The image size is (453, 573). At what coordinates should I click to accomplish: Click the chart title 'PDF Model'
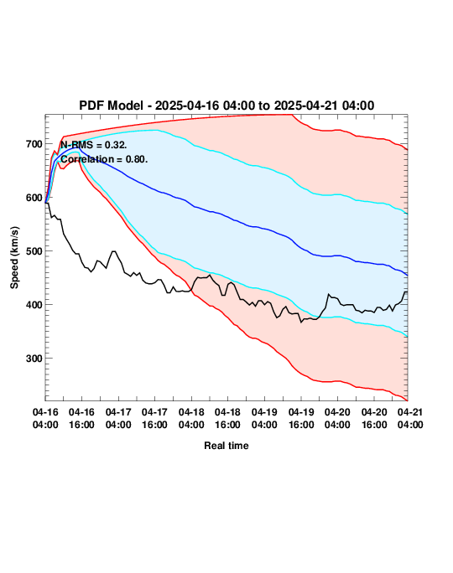pyautogui.click(x=111, y=106)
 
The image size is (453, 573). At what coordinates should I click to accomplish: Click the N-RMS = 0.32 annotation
pyautogui.click(x=94, y=145)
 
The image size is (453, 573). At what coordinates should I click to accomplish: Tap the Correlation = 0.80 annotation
pyautogui.click(x=104, y=159)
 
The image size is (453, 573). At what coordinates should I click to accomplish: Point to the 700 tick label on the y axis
pyautogui.click(x=34, y=144)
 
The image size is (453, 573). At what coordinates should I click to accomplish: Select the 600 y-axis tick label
pyautogui.click(x=34, y=198)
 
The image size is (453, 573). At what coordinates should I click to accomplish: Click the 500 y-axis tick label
pyautogui.click(x=34, y=251)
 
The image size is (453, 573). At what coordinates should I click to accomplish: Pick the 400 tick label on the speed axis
pyautogui.click(x=34, y=305)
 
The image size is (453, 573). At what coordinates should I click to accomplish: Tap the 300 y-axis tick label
pyautogui.click(x=34, y=359)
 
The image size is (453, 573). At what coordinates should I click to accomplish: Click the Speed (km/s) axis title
pyautogui.click(x=14, y=258)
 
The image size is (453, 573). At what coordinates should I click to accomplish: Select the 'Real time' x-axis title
pyautogui.click(x=226, y=446)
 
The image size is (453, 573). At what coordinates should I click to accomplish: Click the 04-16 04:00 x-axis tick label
pyautogui.click(x=45, y=418)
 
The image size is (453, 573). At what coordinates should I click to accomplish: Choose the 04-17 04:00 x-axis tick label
pyautogui.click(x=118, y=418)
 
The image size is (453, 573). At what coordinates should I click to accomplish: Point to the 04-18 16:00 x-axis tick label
pyautogui.click(x=227, y=418)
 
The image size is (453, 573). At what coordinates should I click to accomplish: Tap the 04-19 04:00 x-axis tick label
pyautogui.click(x=264, y=418)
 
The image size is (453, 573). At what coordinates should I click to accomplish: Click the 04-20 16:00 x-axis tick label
pyautogui.click(x=374, y=418)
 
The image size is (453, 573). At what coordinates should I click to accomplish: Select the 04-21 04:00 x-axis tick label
pyautogui.click(x=410, y=418)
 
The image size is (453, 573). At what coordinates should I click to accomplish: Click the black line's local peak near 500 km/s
pyautogui.click(x=113, y=251)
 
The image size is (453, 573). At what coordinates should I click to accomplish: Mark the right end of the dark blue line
pyautogui.click(x=407, y=275)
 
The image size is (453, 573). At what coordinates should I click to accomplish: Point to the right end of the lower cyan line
pyautogui.click(x=407, y=337)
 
